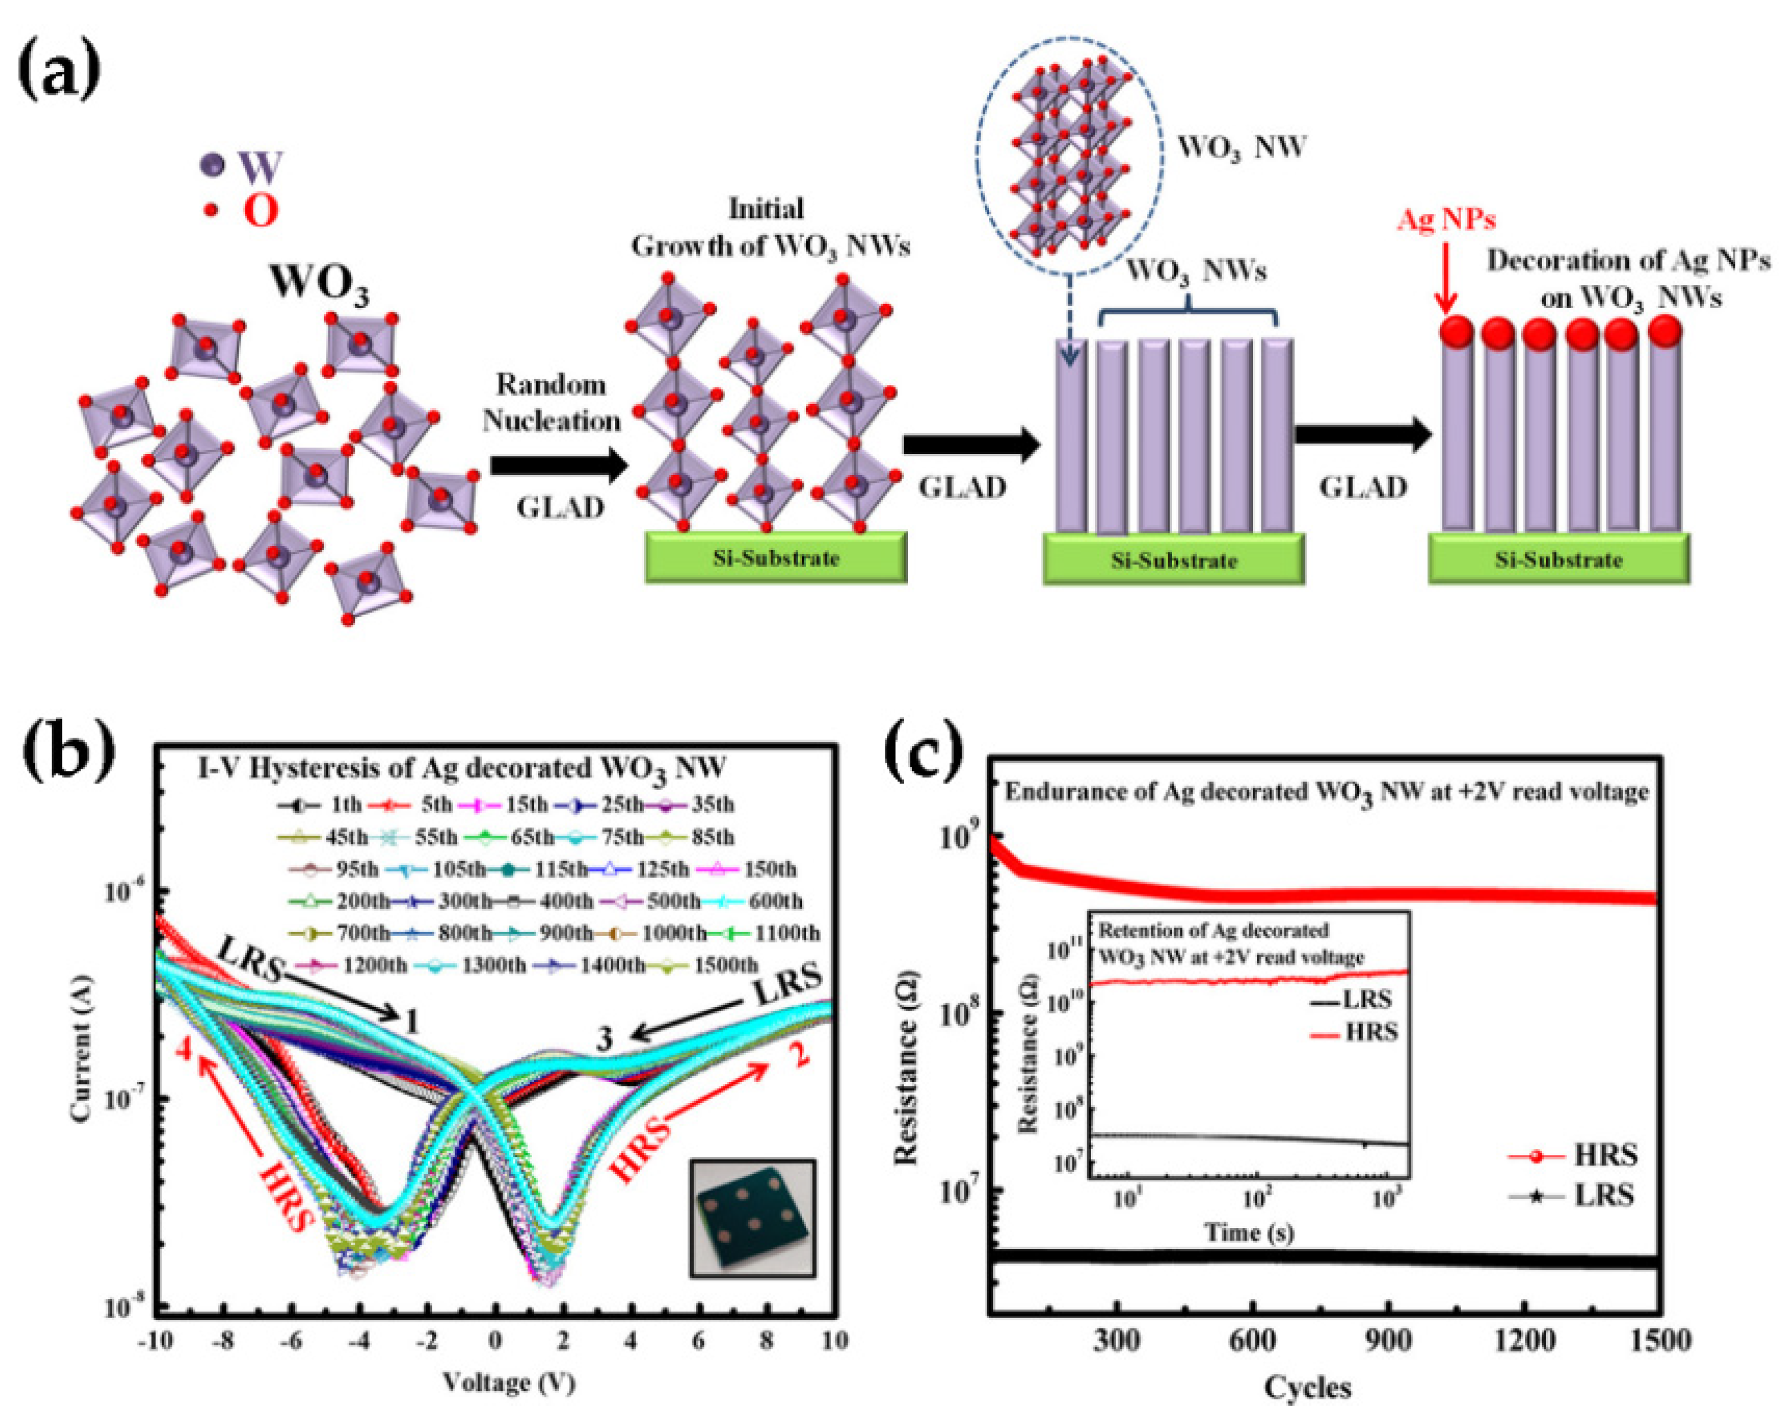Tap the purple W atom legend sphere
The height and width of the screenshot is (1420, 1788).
(x=212, y=165)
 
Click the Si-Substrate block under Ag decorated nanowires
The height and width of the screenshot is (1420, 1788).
(x=1557, y=558)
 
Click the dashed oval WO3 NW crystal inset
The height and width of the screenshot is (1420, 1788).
(x=1068, y=156)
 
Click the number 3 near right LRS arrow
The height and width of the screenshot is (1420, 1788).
(x=605, y=1039)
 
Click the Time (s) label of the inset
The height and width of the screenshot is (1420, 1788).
(x=1249, y=1232)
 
